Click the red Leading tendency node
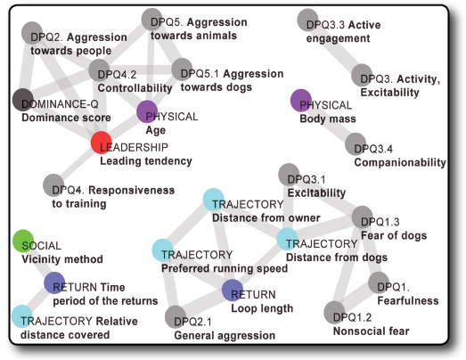tap(102, 143)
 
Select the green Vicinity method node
tap(23, 241)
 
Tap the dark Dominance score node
tap(23, 100)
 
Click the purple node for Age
tap(147, 111)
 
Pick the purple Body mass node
tap(301, 100)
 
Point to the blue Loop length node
tap(233, 290)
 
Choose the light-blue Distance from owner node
tap(213, 200)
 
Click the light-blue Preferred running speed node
tap(162, 250)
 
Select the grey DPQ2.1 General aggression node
tap(176, 316)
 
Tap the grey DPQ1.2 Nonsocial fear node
tap(335, 312)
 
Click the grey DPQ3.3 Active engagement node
tap(308, 20)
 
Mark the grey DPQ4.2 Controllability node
tap(99, 70)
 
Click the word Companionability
tap(400, 162)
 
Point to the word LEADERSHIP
tap(134, 147)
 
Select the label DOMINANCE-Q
tap(60, 104)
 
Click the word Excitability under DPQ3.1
tap(316, 193)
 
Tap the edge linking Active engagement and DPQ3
tap(335, 47)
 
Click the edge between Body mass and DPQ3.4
tap(329, 122)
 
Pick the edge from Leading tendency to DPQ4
tap(78, 164)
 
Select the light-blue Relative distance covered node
tap(22, 316)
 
